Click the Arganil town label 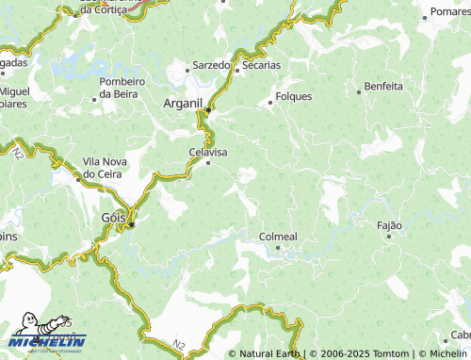tap(184, 102)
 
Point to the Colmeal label tap(278, 237)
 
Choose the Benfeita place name tap(382, 86)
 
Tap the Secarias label tap(261, 65)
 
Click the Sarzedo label tap(211, 65)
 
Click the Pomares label tap(449, 12)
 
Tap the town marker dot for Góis tap(133, 224)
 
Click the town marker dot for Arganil tap(208, 109)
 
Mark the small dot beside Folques tap(270, 102)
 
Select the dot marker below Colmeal tap(278, 248)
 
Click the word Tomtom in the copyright tap(391, 353)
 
